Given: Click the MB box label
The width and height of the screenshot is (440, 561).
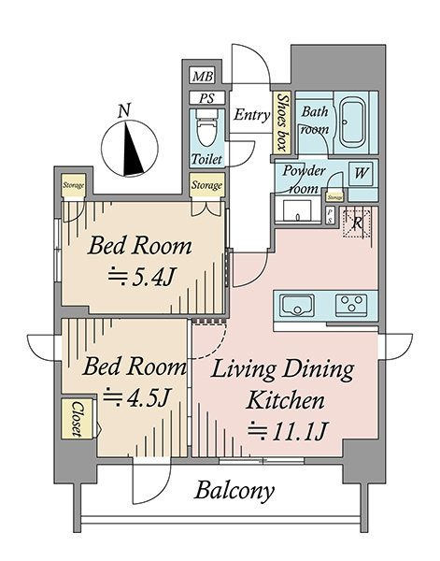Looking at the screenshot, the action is coord(203,76).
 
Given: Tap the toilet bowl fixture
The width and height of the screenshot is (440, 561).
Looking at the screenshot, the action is coord(206,127).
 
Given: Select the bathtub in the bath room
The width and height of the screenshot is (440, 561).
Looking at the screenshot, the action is coord(352,122).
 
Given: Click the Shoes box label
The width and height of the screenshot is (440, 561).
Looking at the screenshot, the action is coord(283,122).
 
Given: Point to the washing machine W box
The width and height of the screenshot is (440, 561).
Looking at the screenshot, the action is coord(361,174).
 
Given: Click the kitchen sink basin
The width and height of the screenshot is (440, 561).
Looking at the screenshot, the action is coord(297,305).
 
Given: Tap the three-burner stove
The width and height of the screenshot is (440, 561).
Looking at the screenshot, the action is coord(351,305).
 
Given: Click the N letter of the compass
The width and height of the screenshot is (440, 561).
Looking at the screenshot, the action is coord(124,111).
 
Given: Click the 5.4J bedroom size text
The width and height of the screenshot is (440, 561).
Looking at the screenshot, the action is coord(142,278).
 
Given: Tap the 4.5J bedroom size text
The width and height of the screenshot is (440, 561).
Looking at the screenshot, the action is coord(135,397).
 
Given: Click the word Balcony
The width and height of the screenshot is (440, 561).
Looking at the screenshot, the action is coord(234,491).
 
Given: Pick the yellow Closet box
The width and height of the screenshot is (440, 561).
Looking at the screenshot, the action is coord(77,419).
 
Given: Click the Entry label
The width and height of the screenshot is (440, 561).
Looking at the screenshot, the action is coord(251,115).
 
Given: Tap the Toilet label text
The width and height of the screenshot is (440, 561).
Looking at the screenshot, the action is coord(206,159).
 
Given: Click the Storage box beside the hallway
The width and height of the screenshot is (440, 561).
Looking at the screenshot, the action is coord(207,185).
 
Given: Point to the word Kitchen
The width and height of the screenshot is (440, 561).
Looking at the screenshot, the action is coord(286,400).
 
